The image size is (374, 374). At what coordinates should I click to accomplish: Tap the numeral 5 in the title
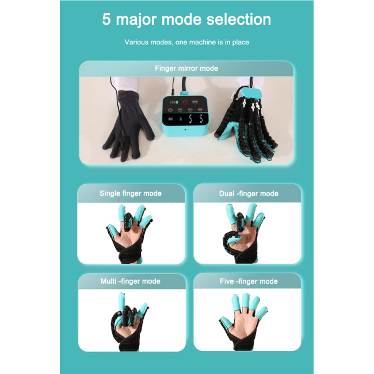[106, 19]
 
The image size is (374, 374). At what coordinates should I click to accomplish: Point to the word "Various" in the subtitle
[136, 42]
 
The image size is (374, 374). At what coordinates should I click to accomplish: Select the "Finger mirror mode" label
[186, 68]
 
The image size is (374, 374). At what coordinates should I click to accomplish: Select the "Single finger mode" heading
[131, 193]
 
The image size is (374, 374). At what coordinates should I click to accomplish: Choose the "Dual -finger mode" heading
[248, 193]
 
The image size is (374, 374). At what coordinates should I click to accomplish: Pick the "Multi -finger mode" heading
[131, 281]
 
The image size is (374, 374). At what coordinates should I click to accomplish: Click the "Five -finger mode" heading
[249, 281]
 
